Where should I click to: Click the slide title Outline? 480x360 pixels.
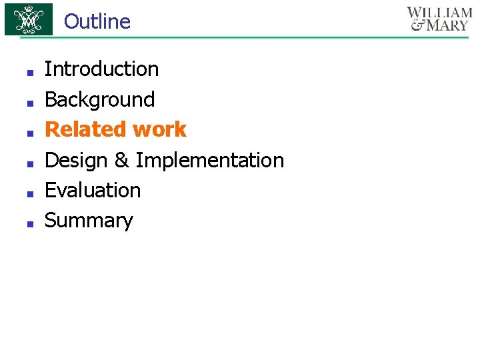(x=97, y=21)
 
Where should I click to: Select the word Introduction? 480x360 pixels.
(x=101, y=69)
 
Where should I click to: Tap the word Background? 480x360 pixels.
(x=99, y=99)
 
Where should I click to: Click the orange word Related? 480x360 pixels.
(x=86, y=129)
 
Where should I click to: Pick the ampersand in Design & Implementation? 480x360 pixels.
(x=122, y=160)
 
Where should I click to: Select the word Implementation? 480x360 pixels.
(x=210, y=160)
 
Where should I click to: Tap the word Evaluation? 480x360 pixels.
(x=93, y=190)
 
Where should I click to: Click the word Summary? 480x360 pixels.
(x=89, y=221)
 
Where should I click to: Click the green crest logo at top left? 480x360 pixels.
(x=29, y=19)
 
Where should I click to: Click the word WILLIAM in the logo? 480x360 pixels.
(x=439, y=13)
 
